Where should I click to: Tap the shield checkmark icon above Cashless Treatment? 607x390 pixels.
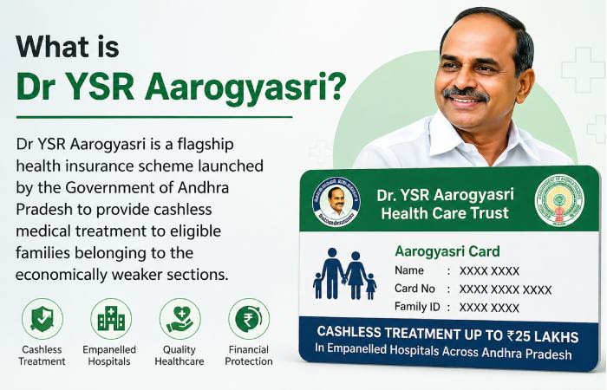coord(42,318)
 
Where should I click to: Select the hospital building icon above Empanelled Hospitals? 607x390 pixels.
coord(111,318)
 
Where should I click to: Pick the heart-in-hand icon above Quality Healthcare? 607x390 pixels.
coord(179,318)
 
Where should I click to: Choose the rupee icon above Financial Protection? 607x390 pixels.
coord(249,318)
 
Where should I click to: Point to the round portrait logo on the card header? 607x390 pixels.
coord(336,202)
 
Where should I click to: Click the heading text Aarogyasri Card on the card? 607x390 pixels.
coord(447,251)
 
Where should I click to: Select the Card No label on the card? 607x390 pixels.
coord(414,289)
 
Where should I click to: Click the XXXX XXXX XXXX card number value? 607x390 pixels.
coord(505,289)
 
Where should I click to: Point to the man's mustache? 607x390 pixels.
coord(466,92)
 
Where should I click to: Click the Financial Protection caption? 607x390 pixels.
coord(249,355)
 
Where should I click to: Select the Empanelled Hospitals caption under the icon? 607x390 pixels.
coord(111,355)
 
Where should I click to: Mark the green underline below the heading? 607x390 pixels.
coord(154,116)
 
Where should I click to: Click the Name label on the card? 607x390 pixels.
coord(409,270)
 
